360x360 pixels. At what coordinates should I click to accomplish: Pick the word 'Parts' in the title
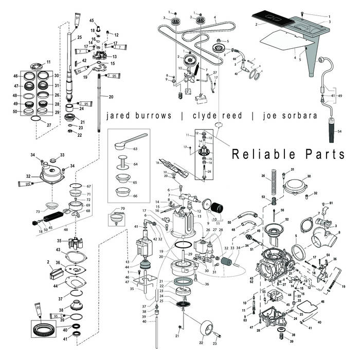click(323, 154)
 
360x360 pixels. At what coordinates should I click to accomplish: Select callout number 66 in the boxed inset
click(135, 196)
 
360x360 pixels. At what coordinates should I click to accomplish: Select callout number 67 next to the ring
click(88, 186)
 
